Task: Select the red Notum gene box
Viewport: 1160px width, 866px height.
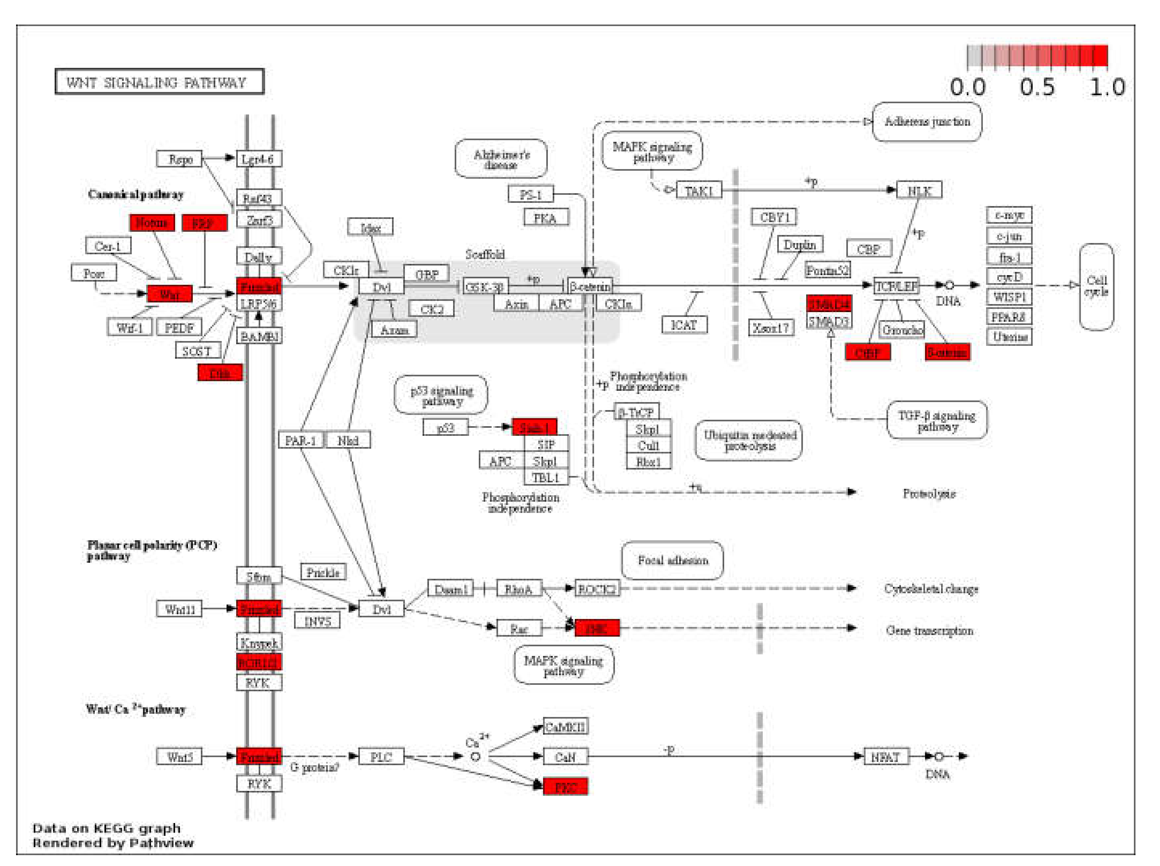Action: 152,223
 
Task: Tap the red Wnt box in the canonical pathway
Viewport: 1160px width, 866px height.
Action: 170,294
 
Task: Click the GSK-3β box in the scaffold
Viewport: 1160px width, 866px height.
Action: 485,286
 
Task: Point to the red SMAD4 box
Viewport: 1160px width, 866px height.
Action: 829,304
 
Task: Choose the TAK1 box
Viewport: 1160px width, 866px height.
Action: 699,190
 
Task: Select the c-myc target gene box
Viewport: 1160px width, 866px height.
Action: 1009,215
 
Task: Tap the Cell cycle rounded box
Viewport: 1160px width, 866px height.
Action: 1096,286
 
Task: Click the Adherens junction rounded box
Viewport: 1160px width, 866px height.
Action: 926,122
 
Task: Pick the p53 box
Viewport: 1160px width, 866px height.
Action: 445,427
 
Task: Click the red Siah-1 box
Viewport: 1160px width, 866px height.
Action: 534,427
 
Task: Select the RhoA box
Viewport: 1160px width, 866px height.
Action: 519,589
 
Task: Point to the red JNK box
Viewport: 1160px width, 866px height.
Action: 596,627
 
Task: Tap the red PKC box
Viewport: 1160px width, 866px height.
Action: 565,787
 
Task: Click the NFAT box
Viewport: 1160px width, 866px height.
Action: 886,756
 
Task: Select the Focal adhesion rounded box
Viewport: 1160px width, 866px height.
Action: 672,560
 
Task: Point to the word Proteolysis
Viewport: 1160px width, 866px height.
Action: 928,493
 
